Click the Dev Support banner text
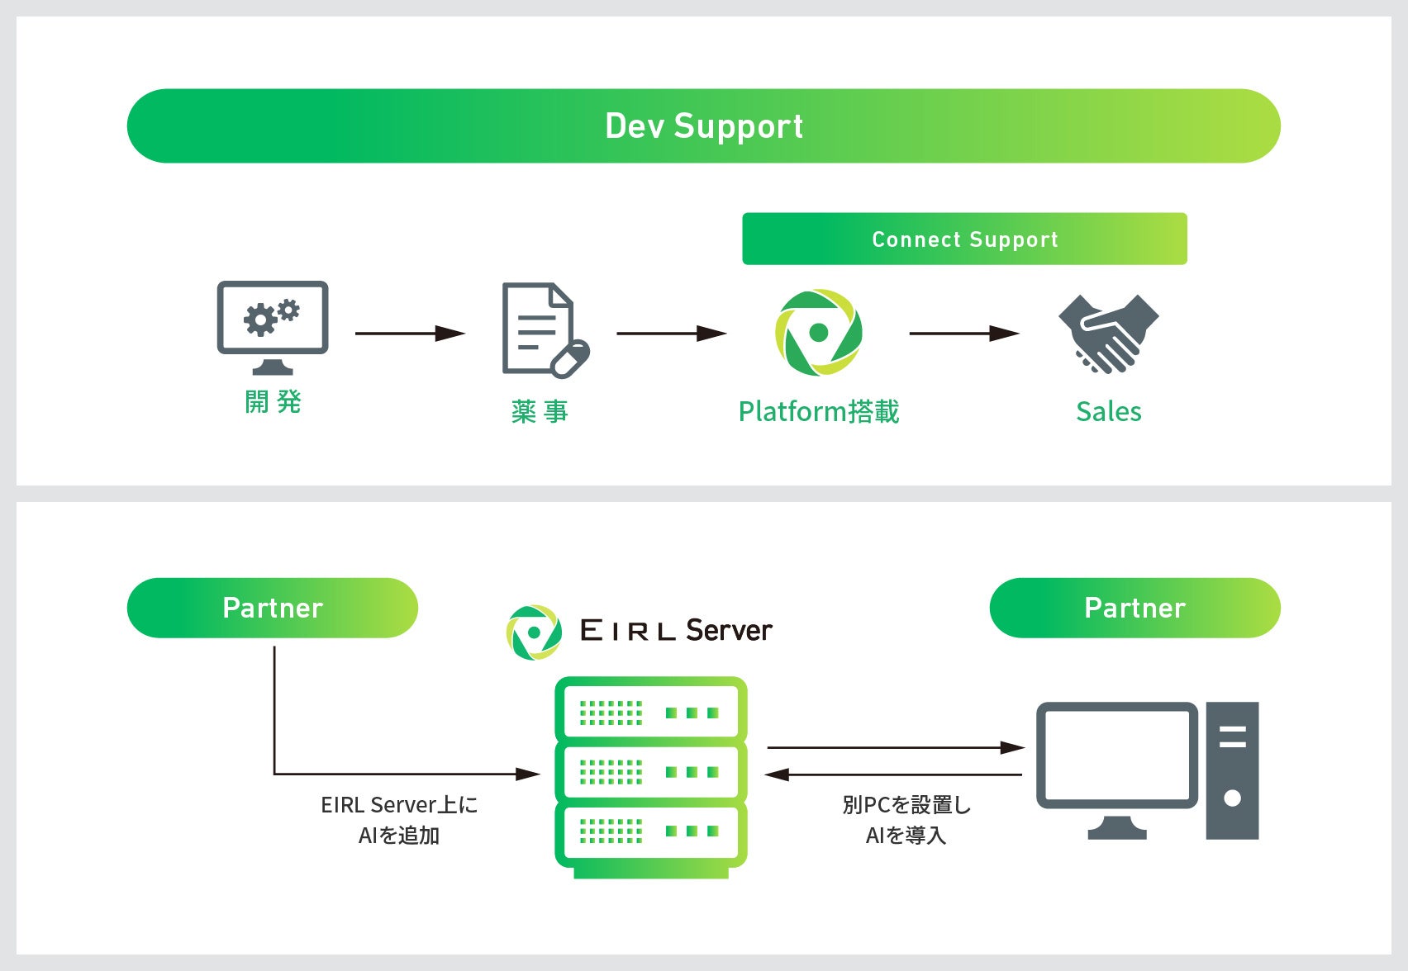click(x=704, y=126)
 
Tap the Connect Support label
click(x=964, y=239)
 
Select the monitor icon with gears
click(x=273, y=326)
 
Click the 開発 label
click(x=273, y=402)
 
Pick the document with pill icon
click(x=545, y=330)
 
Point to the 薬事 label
click(x=540, y=411)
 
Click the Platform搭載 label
click(x=818, y=411)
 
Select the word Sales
click(x=1108, y=411)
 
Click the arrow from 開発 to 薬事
click(x=410, y=334)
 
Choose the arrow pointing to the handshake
click(x=963, y=334)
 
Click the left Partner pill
click(x=273, y=608)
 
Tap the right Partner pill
click(x=1134, y=608)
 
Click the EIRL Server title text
click(x=676, y=631)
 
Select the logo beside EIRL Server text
click(x=534, y=632)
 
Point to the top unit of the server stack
click(x=651, y=712)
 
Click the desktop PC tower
click(x=1232, y=770)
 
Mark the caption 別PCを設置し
click(x=906, y=805)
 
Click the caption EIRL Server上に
click(x=399, y=805)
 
